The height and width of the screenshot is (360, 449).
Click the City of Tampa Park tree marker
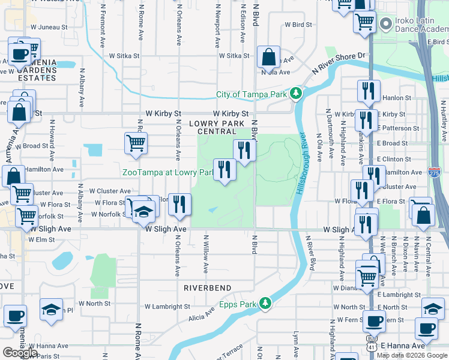pyautogui.click(x=295, y=94)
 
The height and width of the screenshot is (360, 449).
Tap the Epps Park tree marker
pyautogui.click(x=265, y=304)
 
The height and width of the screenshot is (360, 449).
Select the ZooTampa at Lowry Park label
pyautogui.click(x=168, y=172)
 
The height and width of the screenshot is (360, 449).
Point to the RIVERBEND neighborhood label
pyautogui.click(x=208, y=288)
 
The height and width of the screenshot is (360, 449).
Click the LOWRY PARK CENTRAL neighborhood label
pyautogui.click(x=217, y=127)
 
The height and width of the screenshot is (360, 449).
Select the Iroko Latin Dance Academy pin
pyautogui.click(x=385, y=24)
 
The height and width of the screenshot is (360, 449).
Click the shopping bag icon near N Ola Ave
pyautogui.click(x=268, y=58)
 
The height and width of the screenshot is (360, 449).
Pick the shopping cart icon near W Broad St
pyautogui.click(x=136, y=144)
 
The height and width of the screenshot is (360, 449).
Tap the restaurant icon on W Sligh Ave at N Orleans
pyautogui.click(x=179, y=205)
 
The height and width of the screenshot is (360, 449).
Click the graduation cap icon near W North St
pyautogui.click(x=51, y=310)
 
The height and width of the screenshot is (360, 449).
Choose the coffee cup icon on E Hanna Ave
pyautogui.click(x=427, y=328)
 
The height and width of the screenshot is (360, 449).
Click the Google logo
pyautogui.click(x=20, y=353)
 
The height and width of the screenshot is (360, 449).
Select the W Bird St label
pyautogui.click(x=299, y=25)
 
